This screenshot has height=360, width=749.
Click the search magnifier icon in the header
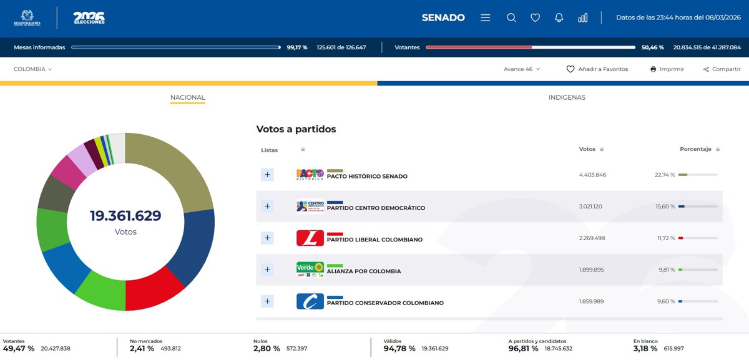pyautogui.click(x=511, y=17)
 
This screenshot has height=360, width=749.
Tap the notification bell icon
pyautogui.click(x=559, y=17)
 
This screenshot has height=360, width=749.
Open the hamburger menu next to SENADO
pyautogui.click(x=485, y=17)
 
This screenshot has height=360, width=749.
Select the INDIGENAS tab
pyautogui.click(x=567, y=97)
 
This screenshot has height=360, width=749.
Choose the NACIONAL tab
pyautogui.click(x=188, y=97)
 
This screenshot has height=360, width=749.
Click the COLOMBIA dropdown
pyautogui.click(x=32, y=69)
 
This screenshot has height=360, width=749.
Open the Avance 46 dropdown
pyautogui.click(x=522, y=69)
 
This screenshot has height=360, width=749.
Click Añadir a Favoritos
pyautogui.click(x=597, y=69)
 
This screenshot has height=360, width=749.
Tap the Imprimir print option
pyautogui.click(x=667, y=69)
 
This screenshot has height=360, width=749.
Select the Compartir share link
pyautogui.click(x=722, y=69)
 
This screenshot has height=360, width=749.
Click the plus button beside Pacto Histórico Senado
pyautogui.click(x=267, y=175)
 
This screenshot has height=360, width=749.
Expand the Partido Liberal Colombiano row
pyautogui.click(x=267, y=238)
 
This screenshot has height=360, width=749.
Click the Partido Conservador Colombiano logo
pyautogui.click(x=310, y=301)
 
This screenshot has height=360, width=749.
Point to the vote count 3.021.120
pyautogui.click(x=590, y=207)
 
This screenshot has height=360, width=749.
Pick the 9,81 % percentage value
pyautogui.click(x=667, y=270)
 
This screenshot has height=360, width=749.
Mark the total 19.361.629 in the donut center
pyautogui.click(x=125, y=216)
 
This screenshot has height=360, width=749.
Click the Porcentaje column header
pyautogui.click(x=695, y=149)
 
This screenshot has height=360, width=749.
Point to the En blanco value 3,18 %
pyautogui.click(x=645, y=349)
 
